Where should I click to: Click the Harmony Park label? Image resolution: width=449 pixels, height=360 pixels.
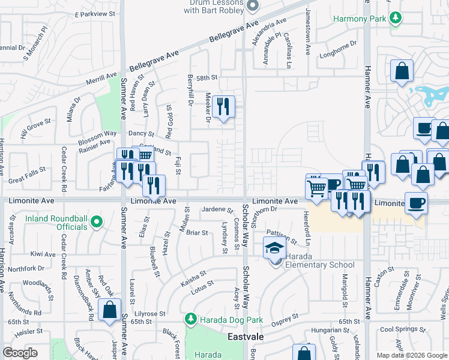click(x=360, y=19)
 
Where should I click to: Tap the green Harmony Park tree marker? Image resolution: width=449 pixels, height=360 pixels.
click(x=395, y=19)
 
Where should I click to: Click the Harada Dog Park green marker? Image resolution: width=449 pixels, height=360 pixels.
click(x=190, y=317)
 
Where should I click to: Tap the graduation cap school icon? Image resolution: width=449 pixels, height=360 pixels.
click(x=275, y=248)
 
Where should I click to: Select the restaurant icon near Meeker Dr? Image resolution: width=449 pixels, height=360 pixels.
click(x=223, y=107)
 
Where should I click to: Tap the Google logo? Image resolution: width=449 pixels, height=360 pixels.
click(x=20, y=353)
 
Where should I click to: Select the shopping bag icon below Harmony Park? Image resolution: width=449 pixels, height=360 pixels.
click(x=402, y=71)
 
